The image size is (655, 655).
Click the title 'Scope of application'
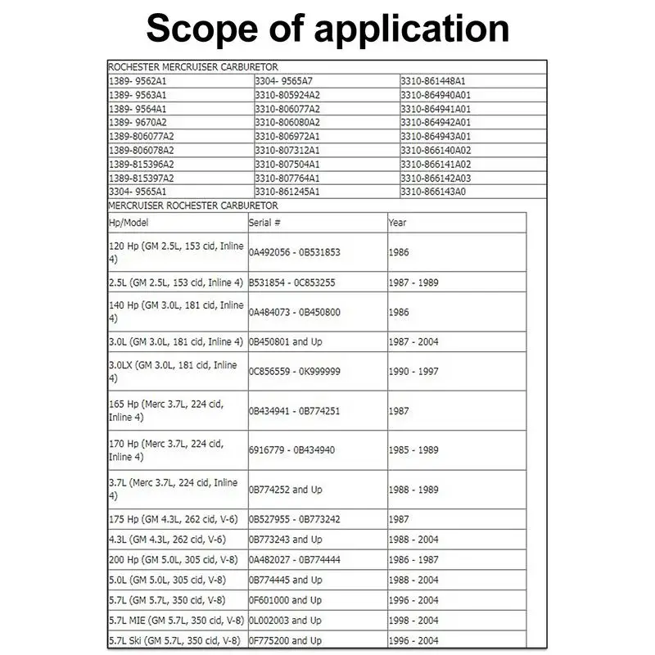point(327,30)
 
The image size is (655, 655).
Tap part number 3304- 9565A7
point(284,80)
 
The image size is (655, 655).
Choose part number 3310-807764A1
point(287,177)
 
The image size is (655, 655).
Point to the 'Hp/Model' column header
point(129,223)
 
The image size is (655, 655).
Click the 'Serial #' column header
point(265,223)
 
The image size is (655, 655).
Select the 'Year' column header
point(398,223)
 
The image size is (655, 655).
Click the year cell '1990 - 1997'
point(413,372)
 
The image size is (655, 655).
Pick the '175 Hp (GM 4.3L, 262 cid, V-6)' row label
point(173,519)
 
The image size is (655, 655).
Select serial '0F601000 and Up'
point(286,600)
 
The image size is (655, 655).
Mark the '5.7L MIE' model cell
point(175,621)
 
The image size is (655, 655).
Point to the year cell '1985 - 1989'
point(413,450)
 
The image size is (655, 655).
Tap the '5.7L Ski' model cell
point(175,641)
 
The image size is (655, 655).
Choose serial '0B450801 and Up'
point(286,341)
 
